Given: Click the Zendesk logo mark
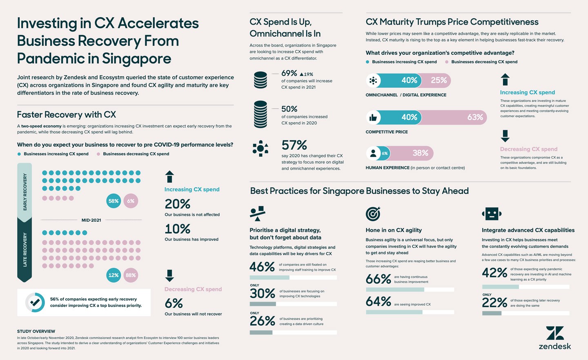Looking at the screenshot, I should click(x=555, y=333).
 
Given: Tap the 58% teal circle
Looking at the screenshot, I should click(x=114, y=201).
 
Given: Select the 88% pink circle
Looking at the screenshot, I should click(x=131, y=275).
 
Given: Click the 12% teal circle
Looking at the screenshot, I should click(x=114, y=275).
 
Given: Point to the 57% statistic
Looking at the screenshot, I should click(x=294, y=145).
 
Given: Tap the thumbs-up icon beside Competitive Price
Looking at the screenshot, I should click(x=373, y=118).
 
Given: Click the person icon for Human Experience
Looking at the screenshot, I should click(x=373, y=154).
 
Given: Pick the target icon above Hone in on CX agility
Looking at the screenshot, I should click(x=373, y=213).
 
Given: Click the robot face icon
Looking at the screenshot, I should click(x=492, y=213).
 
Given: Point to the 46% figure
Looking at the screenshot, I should click(x=262, y=267).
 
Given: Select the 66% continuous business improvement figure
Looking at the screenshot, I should click(x=379, y=279).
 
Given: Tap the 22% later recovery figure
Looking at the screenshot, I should click(x=494, y=302).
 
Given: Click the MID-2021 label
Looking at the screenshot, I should click(x=91, y=220).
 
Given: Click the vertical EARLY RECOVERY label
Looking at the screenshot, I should click(x=25, y=192).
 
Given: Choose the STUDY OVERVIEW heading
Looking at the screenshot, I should click(x=36, y=331).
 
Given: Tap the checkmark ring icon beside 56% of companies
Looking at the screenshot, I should click(x=35, y=302).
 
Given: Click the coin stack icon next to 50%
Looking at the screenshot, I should click(x=260, y=114).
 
